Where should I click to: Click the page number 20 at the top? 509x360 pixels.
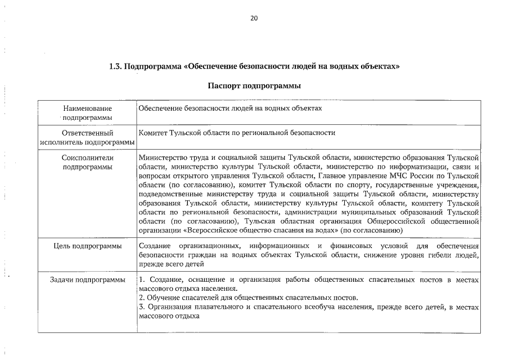click(254, 18)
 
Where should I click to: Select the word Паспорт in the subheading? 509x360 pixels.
click(224, 86)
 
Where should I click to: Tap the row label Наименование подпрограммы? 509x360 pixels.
click(87, 112)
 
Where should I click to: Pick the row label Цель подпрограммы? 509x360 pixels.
click(87, 246)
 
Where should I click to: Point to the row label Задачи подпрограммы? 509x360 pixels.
click(87, 280)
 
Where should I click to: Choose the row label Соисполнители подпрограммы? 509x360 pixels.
click(87, 162)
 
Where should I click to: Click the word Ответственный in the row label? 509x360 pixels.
click(87, 133)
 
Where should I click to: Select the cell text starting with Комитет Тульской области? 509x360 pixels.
click(236, 133)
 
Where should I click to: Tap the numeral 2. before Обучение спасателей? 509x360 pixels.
click(141, 298)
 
